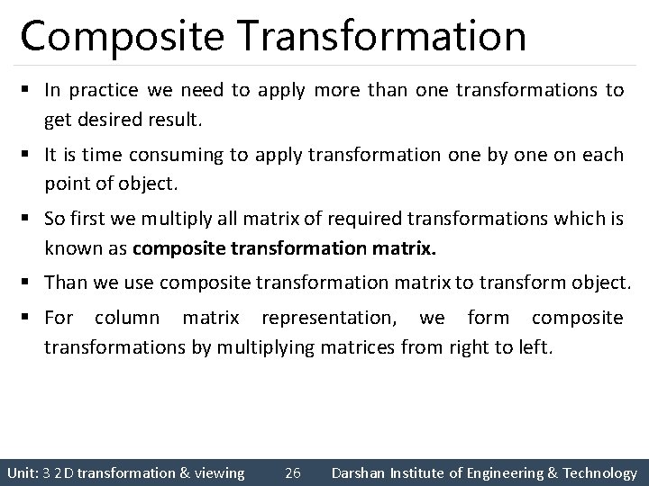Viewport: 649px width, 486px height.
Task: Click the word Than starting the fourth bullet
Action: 65,283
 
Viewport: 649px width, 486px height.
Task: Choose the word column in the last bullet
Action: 126,319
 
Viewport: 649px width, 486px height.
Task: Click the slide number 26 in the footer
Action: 292,472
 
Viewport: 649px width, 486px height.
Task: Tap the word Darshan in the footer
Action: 361,472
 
